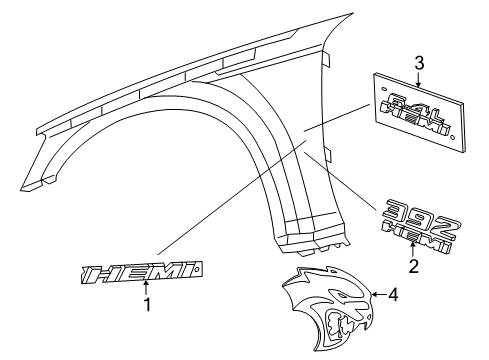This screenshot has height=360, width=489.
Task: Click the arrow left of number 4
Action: click(376, 294)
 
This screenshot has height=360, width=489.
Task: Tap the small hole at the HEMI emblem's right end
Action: click(200, 267)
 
